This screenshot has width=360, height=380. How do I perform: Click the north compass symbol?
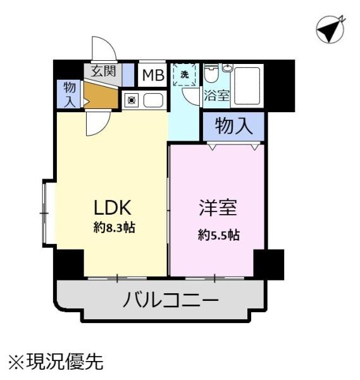pos(330,30)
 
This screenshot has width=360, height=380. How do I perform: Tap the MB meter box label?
pos(153,75)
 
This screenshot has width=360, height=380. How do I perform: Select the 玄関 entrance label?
pos(103,71)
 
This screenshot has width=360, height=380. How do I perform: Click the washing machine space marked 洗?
pos(185,74)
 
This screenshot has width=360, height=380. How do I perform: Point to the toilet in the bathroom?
pos(211,73)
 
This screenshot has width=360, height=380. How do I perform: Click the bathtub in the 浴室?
pos(247,85)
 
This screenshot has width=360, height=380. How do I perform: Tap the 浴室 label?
pos(216,95)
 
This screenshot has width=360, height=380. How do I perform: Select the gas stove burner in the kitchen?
pos(132,100)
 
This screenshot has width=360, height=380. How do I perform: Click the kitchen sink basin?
pos(153,100)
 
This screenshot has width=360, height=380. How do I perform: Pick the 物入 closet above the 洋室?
pos(234,126)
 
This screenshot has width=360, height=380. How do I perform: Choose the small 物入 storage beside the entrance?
pos(69,94)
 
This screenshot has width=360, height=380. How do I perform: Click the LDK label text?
pos(113,208)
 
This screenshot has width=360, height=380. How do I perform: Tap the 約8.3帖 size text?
pos(115,228)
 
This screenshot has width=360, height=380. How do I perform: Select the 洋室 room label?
pos(218,208)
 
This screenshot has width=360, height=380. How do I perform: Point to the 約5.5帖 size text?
pos(219,235)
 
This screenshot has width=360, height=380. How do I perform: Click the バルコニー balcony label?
pos(171,300)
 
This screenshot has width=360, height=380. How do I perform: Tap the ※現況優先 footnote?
pos(56,362)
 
